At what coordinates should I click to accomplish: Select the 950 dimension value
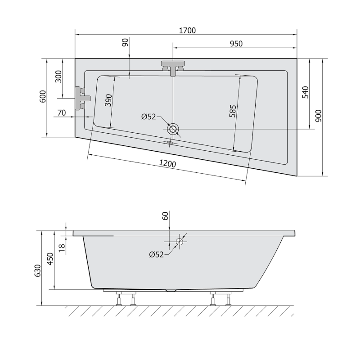coord(236,43)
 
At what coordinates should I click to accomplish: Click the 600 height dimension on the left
coord(43,97)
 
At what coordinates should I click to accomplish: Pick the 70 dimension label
coord(62,112)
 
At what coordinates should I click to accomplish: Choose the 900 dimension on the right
coord(319,117)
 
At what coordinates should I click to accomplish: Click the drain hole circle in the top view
coord(173,130)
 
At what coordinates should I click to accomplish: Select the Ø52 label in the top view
coord(148,117)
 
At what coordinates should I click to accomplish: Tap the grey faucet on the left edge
coord(82,98)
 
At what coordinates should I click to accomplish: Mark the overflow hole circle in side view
coord(180,242)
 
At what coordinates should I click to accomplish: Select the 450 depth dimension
coord(50,260)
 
